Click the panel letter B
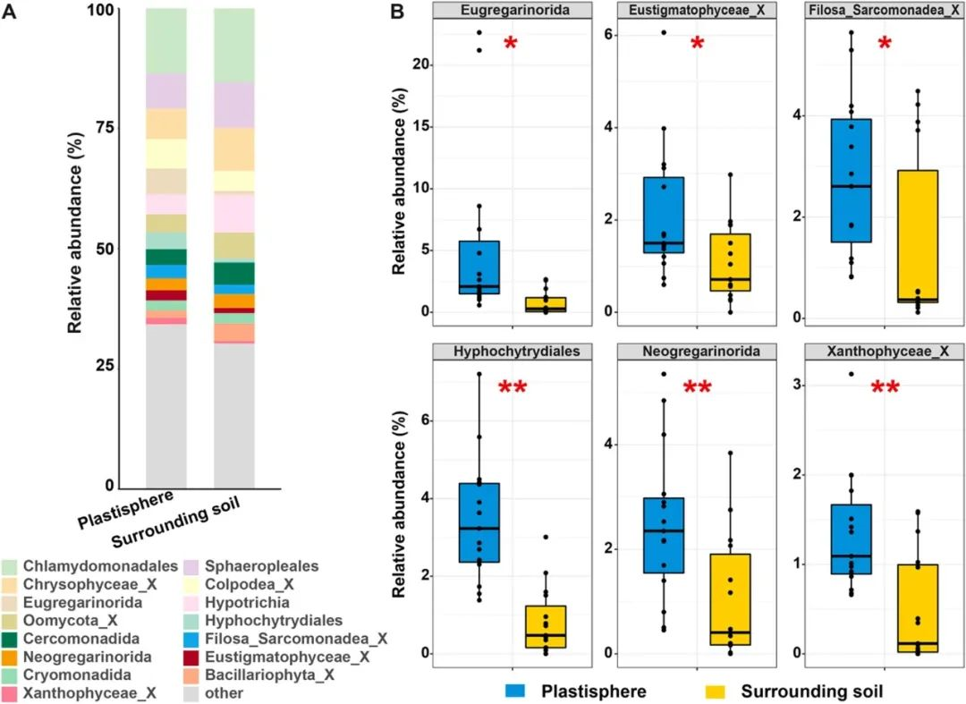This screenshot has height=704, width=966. pos(400,13)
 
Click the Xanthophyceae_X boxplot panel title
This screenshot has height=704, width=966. pos(884,352)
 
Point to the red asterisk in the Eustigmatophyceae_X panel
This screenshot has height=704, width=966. pos(698,43)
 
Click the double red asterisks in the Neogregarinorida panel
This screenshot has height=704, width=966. pos(698,387)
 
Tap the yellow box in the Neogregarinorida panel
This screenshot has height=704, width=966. pos(731,599)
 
